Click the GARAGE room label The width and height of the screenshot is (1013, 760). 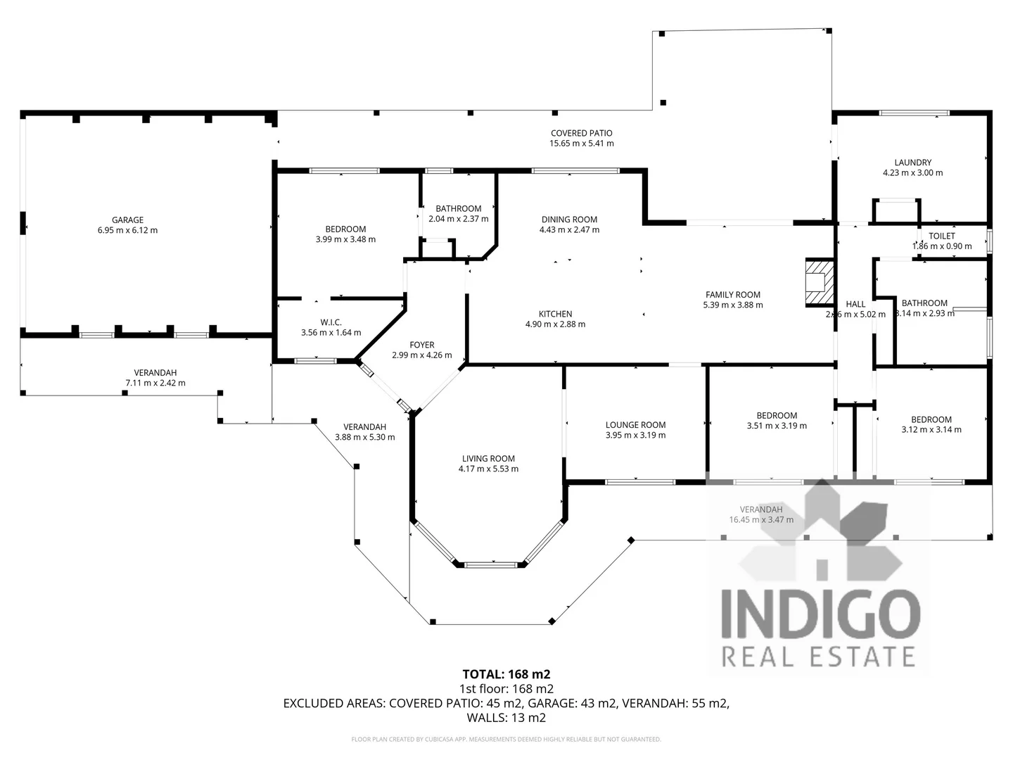pyautogui.click(x=127, y=220)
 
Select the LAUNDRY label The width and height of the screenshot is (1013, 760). pyautogui.click(x=912, y=163)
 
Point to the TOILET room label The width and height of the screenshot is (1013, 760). pyautogui.click(x=941, y=236)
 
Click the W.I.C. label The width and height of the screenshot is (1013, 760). pyautogui.click(x=331, y=322)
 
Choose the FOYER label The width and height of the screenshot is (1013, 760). pyautogui.click(x=422, y=345)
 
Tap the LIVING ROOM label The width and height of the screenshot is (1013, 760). pyautogui.click(x=488, y=459)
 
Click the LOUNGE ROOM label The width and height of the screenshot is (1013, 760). pyautogui.click(x=635, y=425)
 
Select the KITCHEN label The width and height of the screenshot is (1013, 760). pyautogui.click(x=555, y=314)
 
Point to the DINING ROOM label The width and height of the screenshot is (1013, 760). pyautogui.click(x=569, y=220)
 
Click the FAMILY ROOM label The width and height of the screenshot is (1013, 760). pyautogui.click(x=732, y=295)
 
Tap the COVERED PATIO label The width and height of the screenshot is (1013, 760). pyautogui.click(x=581, y=133)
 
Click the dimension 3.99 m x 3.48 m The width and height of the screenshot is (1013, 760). pyautogui.click(x=345, y=239)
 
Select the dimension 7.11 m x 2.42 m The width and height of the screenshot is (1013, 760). pyautogui.click(x=155, y=384)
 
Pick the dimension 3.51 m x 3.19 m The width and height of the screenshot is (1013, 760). pyautogui.click(x=777, y=426)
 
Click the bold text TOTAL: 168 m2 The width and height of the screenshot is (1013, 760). pyautogui.click(x=506, y=674)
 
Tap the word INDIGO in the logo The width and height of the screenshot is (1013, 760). pyautogui.click(x=820, y=614)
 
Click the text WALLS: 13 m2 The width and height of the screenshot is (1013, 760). pyautogui.click(x=506, y=718)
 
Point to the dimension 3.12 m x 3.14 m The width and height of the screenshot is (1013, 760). pyautogui.click(x=931, y=430)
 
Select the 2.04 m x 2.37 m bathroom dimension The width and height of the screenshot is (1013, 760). pyautogui.click(x=458, y=219)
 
